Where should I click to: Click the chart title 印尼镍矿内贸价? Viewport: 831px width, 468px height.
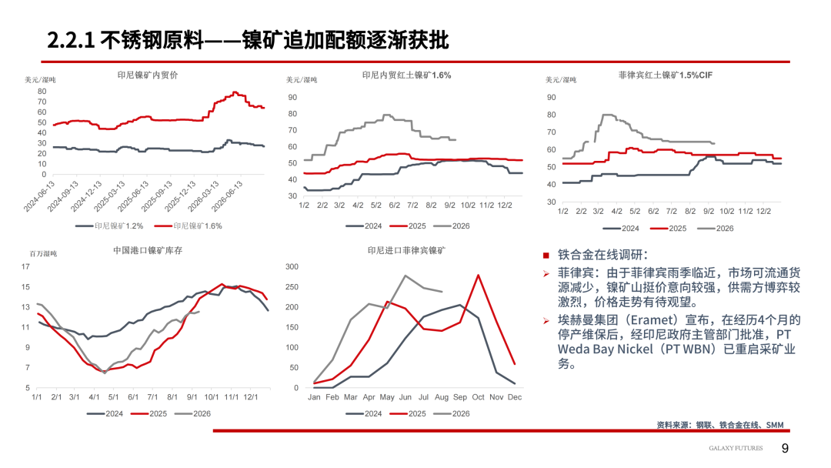pyautogui.click(x=147, y=75)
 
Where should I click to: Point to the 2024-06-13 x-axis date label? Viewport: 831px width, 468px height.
pyautogui.click(x=40, y=196)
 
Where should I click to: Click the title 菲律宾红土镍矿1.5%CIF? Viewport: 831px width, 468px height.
pyautogui.click(x=665, y=75)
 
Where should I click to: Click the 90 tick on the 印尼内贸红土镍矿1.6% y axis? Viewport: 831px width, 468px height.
pyautogui.click(x=292, y=98)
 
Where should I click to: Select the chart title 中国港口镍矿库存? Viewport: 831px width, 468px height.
pyautogui.click(x=147, y=250)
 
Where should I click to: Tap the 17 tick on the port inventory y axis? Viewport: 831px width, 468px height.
pyautogui.click(x=25, y=266)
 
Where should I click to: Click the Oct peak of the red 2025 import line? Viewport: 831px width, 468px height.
pyautogui.click(x=478, y=275)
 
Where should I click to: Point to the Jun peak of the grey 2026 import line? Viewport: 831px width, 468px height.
pyautogui.click(x=405, y=276)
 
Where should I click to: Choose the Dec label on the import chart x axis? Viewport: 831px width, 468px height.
pyautogui.click(x=515, y=397)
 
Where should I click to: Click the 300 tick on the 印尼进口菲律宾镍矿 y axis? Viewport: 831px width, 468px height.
pyautogui.click(x=292, y=266)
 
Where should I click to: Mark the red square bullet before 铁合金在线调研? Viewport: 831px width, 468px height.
pyautogui.click(x=546, y=256)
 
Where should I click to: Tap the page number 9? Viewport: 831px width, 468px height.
pyautogui.click(x=785, y=449)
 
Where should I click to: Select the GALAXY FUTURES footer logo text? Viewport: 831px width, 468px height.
pyautogui.click(x=736, y=449)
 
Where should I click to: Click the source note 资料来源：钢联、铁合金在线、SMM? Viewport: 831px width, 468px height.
pyautogui.click(x=719, y=425)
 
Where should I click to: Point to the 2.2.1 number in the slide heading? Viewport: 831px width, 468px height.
pyautogui.click(x=71, y=40)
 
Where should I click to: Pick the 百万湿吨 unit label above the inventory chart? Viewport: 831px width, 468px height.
pyautogui.click(x=43, y=254)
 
